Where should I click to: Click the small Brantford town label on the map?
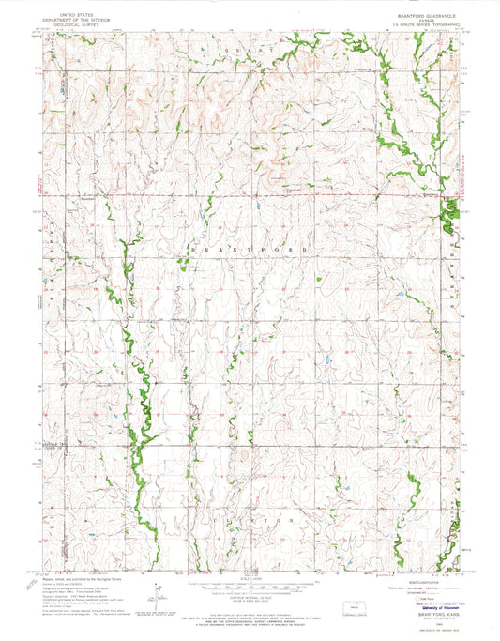point(88,198)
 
